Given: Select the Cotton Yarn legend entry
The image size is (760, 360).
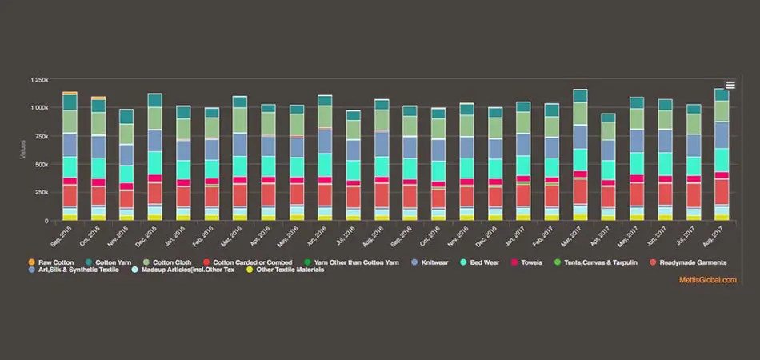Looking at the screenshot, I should pos(112,262).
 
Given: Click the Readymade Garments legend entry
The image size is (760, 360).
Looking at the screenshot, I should pos(688,262).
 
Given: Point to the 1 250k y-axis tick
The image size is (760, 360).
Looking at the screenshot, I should pos(39,80).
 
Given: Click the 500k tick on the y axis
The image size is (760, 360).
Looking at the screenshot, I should pos(42,164).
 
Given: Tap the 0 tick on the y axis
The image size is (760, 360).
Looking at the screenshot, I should pos(46,220).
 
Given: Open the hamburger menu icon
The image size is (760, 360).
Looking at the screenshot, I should pos(730,86).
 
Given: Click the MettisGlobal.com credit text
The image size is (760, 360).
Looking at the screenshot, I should pos(708,279).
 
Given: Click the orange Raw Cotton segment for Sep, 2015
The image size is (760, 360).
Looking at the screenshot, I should pos(70,94).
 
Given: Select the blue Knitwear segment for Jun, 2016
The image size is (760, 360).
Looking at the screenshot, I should pos(325,142).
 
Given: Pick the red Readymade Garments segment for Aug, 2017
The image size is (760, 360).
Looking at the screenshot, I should pos(722,192).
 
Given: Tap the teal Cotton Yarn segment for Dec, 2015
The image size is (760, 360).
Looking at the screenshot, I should pos(154,100).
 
